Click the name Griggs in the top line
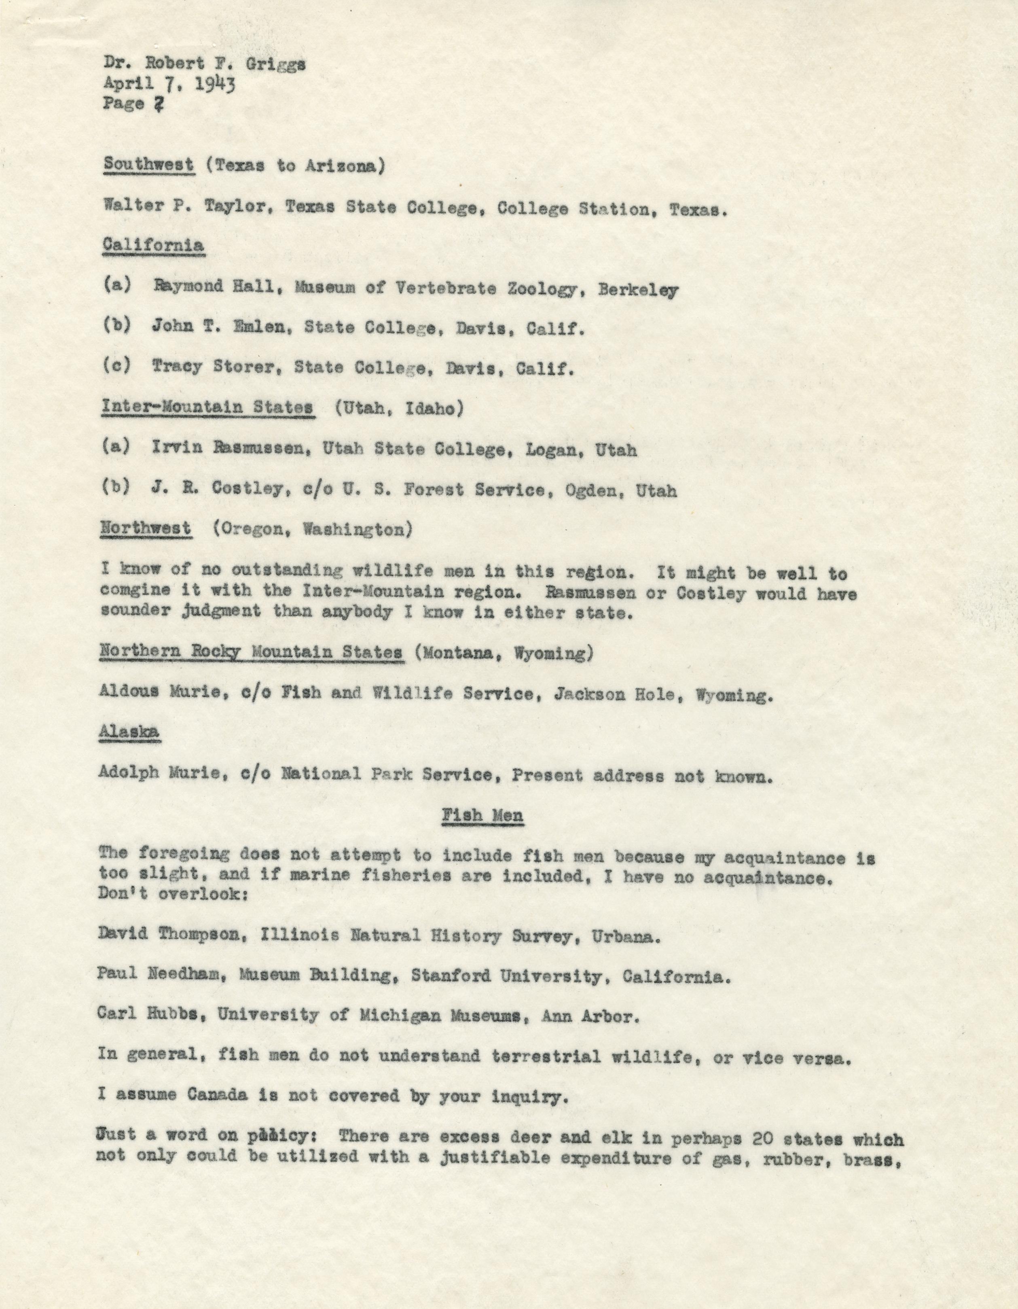[276, 64]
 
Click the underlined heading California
[153, 245]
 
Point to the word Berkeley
[639, 290]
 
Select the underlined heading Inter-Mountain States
[207, 407]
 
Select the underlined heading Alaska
[129, 732]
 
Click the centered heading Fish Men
[483, 815]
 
